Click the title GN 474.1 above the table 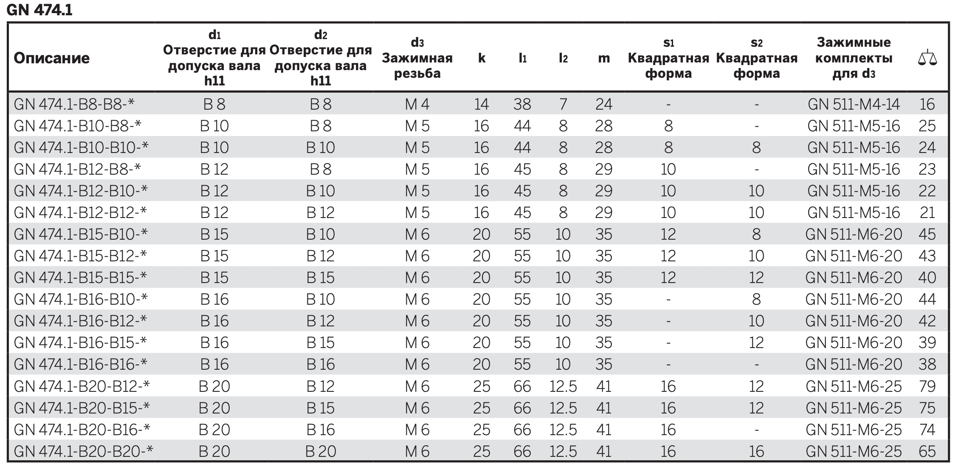click(39, 10)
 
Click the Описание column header click(51, 58)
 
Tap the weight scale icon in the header click(927, 58)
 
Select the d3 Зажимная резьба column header click(417, 58)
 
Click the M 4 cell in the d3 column click(417, 104)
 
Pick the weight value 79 click(927, 386)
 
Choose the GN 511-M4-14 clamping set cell click(854, 104)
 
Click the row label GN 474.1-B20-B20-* click(83, 451)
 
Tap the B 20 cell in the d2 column click(321, 451)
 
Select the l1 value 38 click(522, 104)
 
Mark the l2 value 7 click(563, 104)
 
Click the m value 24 click(603, 104)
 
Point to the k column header click(482, 58)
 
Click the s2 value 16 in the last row click(756, 451)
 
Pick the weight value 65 click(927, 451)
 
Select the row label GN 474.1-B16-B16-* click(81, 365)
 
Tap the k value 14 click(482, 104)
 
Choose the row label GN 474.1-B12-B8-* click(77, 169)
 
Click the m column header click(603, 59)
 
